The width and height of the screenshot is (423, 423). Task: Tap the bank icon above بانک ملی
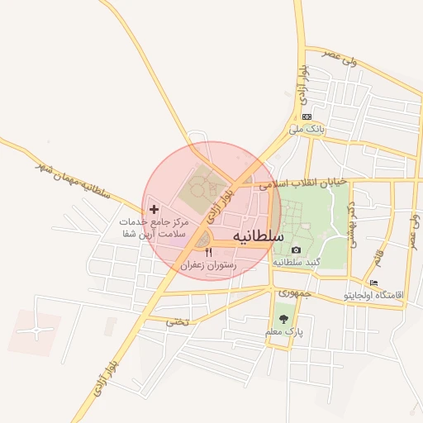[307, 117]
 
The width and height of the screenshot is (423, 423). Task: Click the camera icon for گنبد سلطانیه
[296, 250]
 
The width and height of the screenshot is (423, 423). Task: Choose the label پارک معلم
[285, 331]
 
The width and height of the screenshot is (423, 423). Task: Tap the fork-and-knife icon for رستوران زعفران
[208, 252]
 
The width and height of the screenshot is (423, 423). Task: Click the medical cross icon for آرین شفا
[154, 210]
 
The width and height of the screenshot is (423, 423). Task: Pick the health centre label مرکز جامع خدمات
[154, 223]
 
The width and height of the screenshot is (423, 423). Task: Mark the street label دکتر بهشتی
[353, 207]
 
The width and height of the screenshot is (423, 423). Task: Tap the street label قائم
[379, 259]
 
